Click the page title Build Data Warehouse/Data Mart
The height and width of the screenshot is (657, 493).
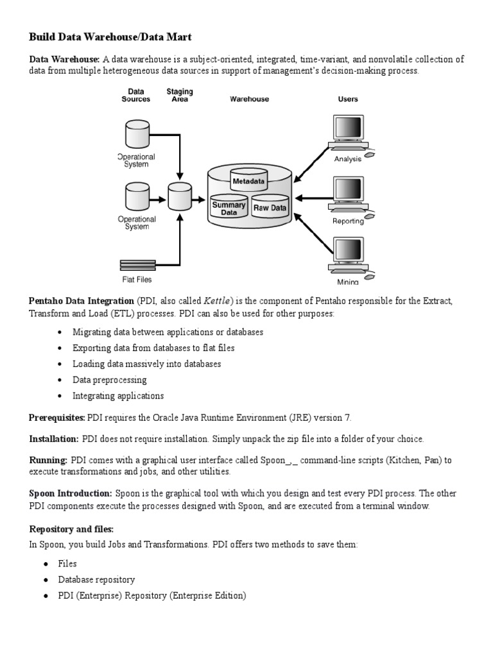pos(111,37)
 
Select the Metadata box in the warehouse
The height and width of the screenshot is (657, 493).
pos(248,182)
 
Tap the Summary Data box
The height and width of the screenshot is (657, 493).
pos(229,208)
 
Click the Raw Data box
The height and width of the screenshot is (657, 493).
pos(270,208)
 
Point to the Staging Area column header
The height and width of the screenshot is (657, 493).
pos(179,96)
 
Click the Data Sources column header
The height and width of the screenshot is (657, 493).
pos(136,96)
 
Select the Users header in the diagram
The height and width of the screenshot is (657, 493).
pos(348,99)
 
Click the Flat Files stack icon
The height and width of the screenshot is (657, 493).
pos(137,264)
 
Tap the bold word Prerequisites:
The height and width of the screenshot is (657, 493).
pos(56,418)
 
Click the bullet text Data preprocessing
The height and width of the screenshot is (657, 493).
pos(110,380)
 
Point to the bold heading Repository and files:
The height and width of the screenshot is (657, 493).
pos(71,529)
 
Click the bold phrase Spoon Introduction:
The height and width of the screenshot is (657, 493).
pos(71,493)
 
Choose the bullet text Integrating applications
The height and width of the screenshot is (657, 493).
pos(118,396)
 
